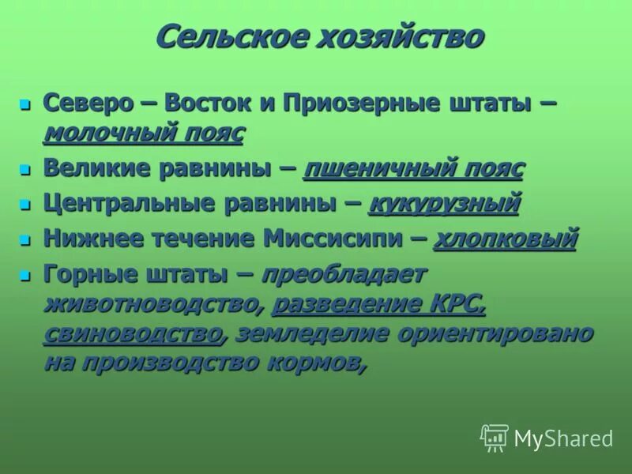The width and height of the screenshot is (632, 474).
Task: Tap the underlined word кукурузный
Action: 445,203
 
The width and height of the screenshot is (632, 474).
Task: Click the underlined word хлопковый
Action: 506,238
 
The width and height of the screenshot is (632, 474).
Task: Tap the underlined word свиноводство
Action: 133,333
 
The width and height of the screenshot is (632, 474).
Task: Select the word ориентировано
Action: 495,333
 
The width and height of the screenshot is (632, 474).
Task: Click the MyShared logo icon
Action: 494,437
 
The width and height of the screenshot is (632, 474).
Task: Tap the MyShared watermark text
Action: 563,438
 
